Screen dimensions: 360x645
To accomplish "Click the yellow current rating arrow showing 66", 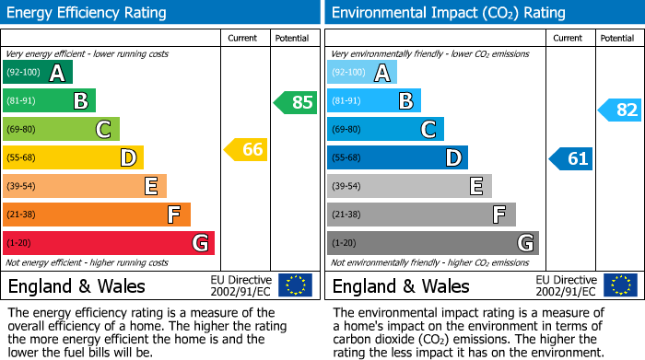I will [246, 148].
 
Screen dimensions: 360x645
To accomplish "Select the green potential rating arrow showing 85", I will [296, 102].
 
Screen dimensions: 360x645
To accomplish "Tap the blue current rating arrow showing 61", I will [570, 158].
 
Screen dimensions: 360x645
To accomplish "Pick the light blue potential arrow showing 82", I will [620, 110].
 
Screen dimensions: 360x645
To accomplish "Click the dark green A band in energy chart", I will [37, 73].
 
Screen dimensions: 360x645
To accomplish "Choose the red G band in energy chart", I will [108, 243].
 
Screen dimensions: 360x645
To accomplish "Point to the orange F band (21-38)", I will [96, 215].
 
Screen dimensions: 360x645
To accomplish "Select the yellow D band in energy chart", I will [73, 157].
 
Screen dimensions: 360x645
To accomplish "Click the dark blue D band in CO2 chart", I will [397, 157].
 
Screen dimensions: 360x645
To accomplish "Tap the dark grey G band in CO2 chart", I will [432, 243].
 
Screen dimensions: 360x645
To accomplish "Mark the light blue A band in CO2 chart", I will [361, 73].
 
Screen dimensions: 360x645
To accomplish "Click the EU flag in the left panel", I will [295, 285].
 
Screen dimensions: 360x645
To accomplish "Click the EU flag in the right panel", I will [619, 285].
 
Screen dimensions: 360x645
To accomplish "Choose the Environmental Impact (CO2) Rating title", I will [448, 13].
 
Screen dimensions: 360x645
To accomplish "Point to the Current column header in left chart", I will [244, 38].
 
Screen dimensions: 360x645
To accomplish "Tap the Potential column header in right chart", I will [616, 38].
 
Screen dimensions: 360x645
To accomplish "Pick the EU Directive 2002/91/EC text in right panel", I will [566, 285].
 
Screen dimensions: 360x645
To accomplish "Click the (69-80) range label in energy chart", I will [23, 130].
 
